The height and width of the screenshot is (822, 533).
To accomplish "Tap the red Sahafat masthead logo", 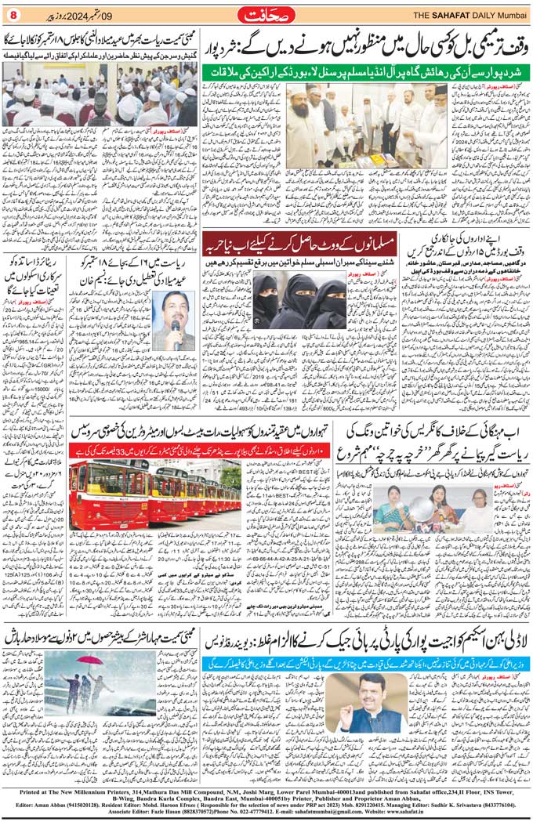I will pyautogui.click(x=266, y=13).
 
